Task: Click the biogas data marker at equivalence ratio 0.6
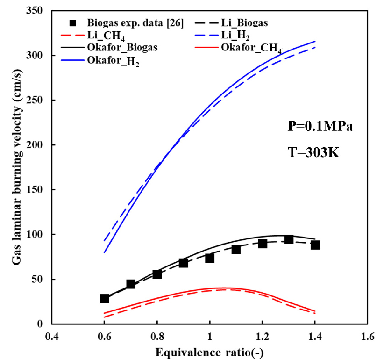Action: pos(105,299)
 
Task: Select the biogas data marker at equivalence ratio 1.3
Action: pos(289,239)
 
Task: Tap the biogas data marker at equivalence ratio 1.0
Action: pos(210,258)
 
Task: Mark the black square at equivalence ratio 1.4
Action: pos(315,245)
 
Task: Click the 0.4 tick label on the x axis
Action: pos(52,336)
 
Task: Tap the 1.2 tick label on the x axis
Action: pos(263,336)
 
